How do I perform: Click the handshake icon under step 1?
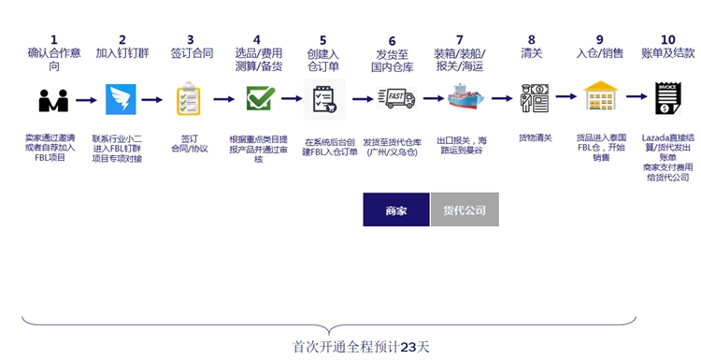coord(53,98)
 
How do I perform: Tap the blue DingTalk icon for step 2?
coord(122,98)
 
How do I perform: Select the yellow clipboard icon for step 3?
coord(188,98)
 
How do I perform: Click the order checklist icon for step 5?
coord(324,97)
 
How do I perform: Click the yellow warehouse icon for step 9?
coord(601,97)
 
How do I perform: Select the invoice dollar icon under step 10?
coord(667,98)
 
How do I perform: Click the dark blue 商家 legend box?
coord(396,209)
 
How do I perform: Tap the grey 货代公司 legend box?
coord(465,209)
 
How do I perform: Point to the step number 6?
coord(393,41)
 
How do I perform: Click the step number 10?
coord(667,39)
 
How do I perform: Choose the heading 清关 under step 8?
coord(532,53)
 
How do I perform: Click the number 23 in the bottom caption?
coord(408,346)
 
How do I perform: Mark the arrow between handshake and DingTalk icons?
coord(87,98)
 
